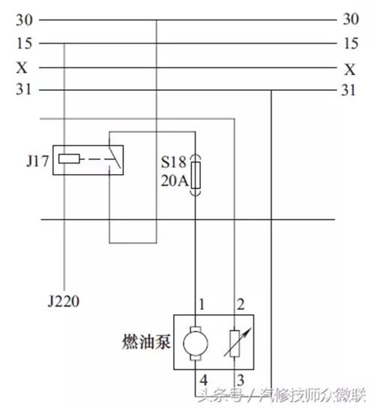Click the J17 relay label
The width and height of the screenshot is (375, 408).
[37, 161]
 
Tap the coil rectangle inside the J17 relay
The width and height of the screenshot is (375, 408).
[69, 159]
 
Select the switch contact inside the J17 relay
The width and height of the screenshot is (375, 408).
[115, 158]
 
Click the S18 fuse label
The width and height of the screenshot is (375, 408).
[173, 162]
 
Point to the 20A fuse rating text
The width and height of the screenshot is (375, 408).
[174, 181]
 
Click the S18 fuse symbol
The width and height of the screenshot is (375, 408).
[196, 175]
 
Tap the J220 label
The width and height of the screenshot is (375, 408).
[63, 301]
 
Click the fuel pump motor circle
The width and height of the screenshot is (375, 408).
[196, 343]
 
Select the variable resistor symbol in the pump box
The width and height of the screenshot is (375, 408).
[235, 343]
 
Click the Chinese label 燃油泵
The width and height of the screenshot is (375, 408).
[146, 341]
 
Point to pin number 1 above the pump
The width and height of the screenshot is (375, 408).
[202, 304]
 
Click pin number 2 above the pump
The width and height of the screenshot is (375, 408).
[241, 304]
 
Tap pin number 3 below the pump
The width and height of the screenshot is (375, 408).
[241, 380]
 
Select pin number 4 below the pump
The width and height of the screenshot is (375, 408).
[204, 380]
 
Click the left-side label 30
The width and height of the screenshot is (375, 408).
[24, 20]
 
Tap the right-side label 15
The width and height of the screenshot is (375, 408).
[351, 43]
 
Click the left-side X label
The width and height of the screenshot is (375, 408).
[22, 67]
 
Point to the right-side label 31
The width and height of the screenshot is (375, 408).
[348, 90]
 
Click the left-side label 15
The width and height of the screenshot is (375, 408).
[24, 43]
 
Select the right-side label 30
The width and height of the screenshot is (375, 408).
[351, 19]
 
